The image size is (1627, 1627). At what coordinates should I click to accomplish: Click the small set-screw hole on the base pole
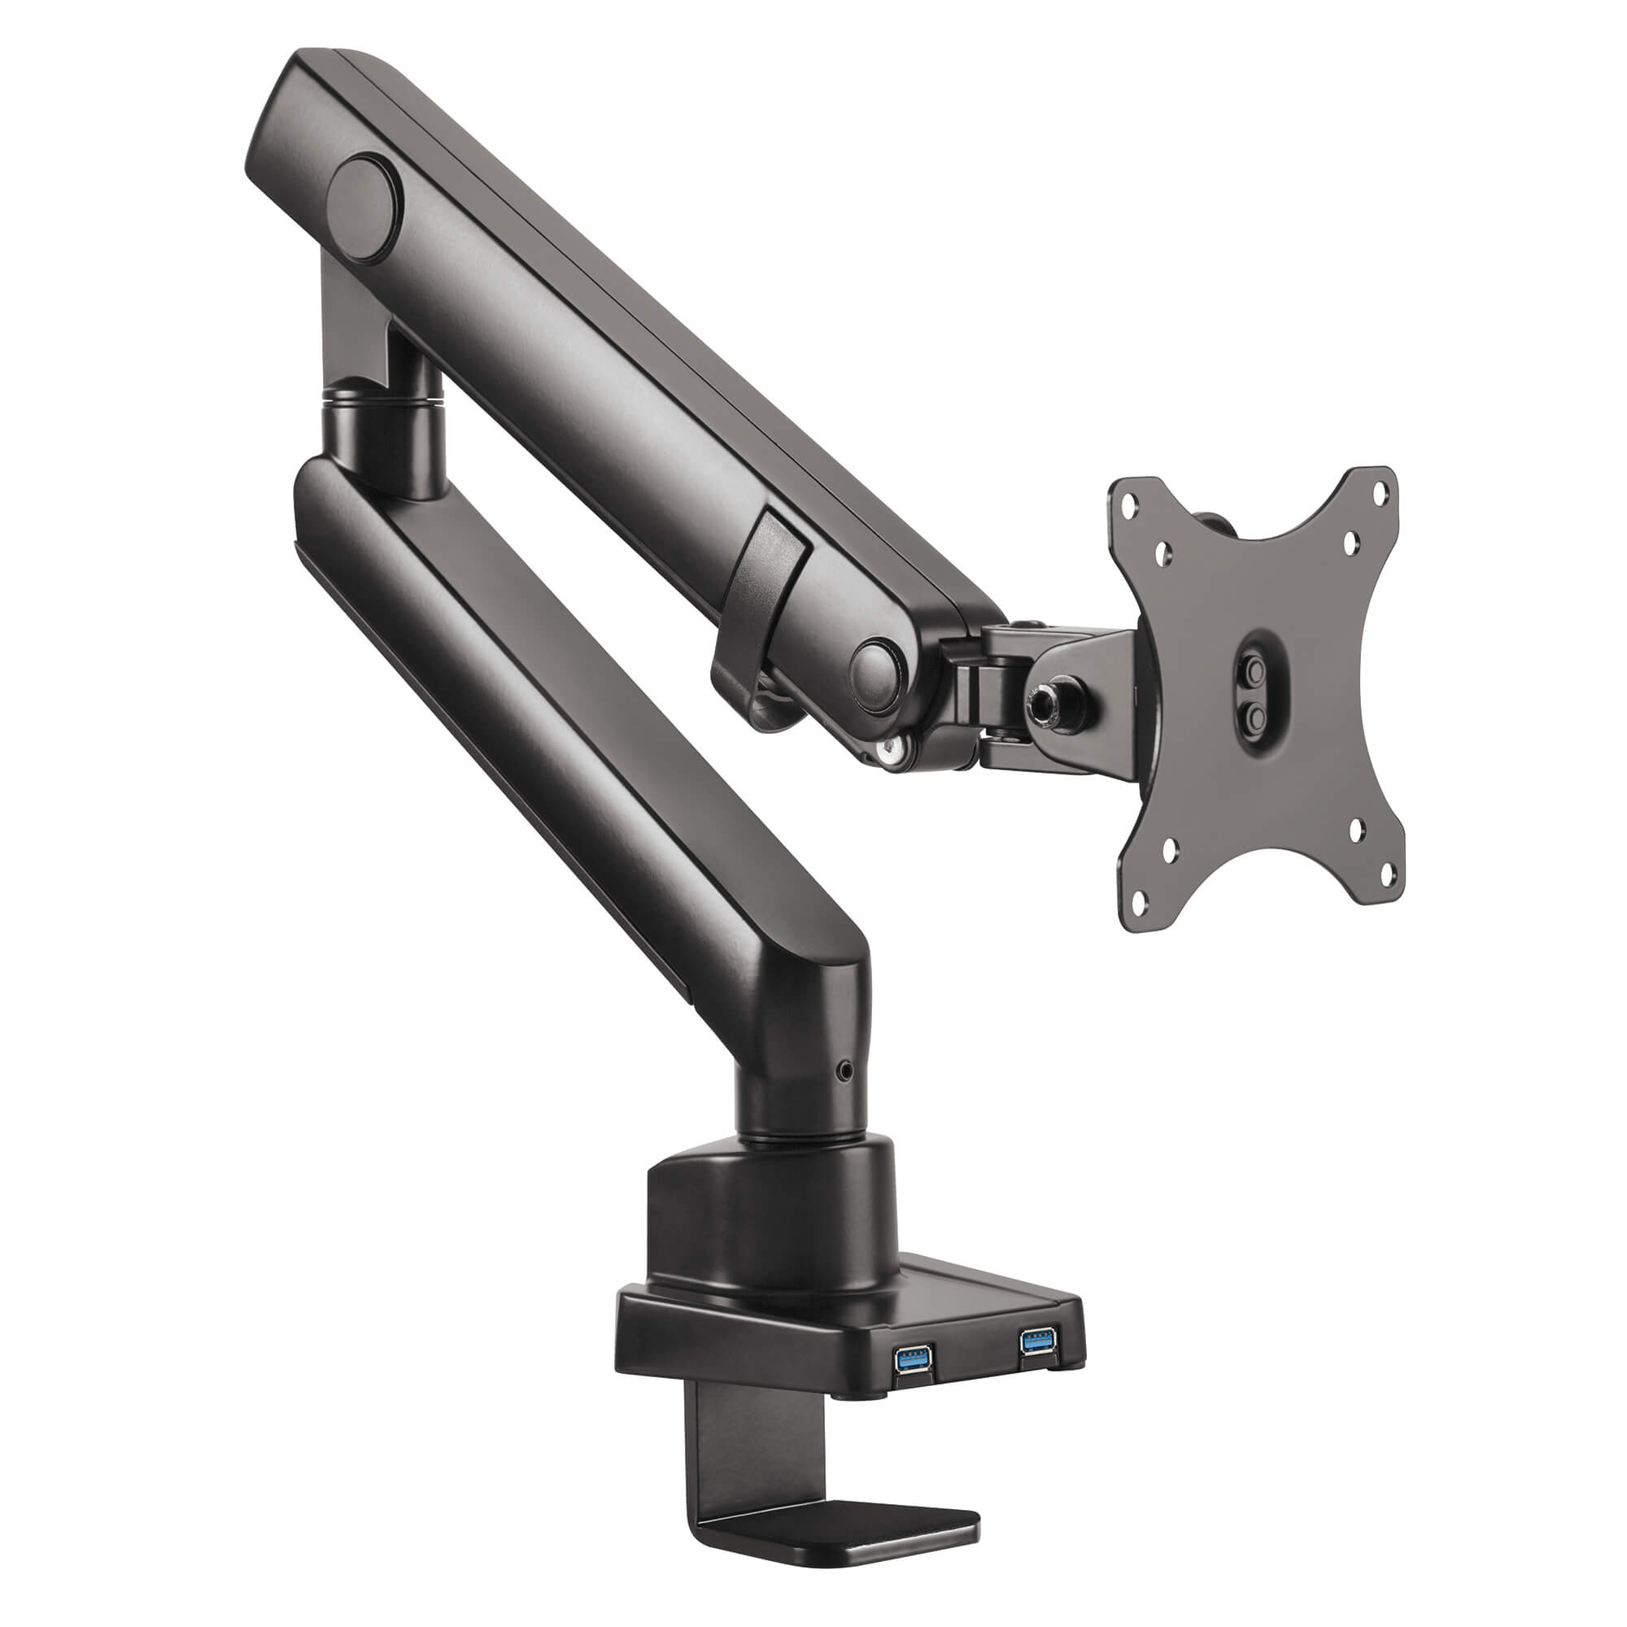point(845,1071)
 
